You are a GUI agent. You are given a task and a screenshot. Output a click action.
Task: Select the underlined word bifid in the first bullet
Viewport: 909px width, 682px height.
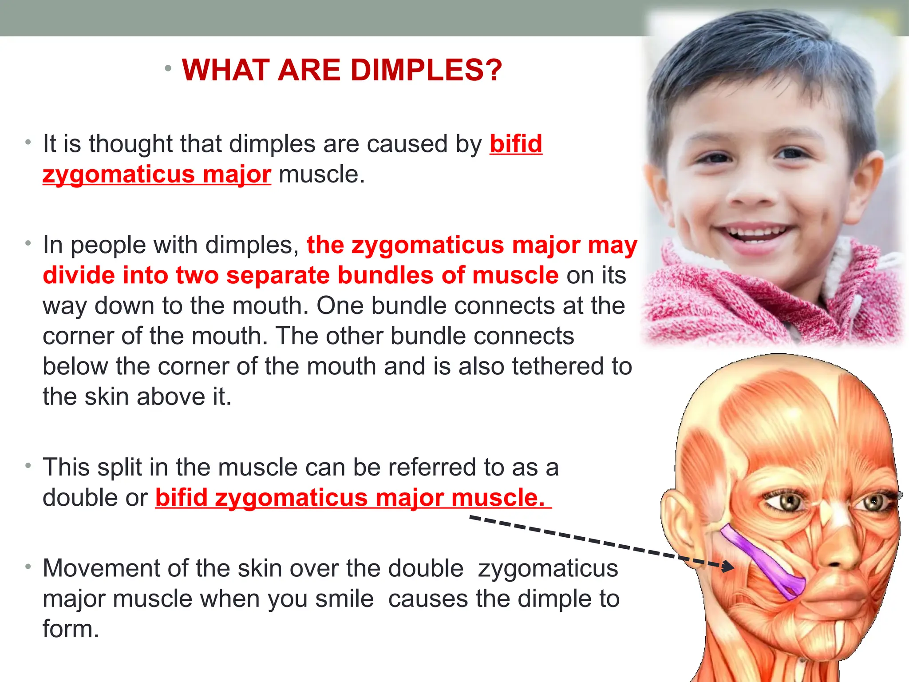(x=516, y=144)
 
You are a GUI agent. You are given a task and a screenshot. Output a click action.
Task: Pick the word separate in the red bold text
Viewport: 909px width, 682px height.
(x=279, y=275)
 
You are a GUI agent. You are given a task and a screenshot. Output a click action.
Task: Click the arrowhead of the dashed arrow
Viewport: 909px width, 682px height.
(x=728, y=567)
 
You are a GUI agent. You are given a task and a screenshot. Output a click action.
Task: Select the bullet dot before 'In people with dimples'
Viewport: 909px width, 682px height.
(x=28, y=243)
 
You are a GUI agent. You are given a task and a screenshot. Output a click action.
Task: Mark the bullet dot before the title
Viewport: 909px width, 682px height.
(x=167, y=68)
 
